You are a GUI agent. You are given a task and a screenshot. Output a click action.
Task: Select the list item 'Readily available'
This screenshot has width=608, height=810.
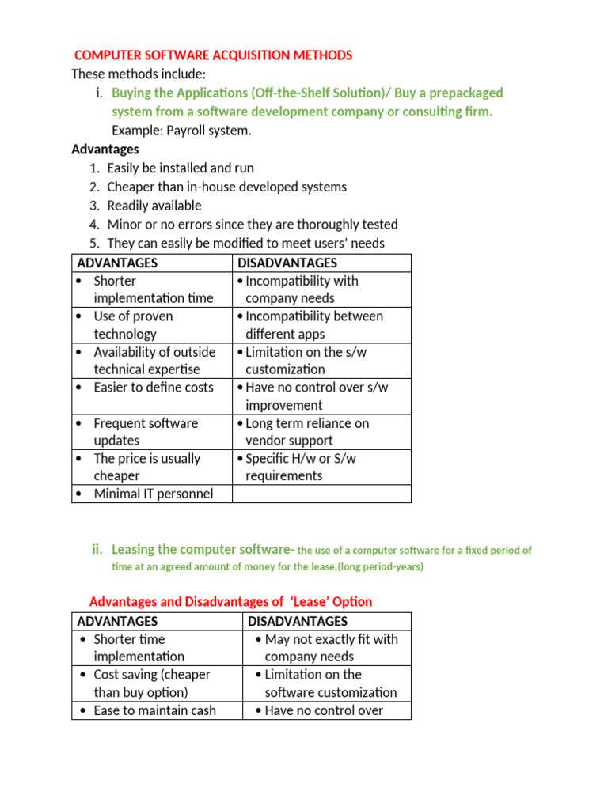coord(154,206)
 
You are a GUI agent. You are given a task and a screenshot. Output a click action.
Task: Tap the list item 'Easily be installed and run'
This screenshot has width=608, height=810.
coord(180,168)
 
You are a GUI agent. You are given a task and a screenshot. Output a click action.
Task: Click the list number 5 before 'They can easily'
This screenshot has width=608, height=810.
coord(94,244)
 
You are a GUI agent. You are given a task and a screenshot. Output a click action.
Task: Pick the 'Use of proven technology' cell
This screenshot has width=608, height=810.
coord(151,325)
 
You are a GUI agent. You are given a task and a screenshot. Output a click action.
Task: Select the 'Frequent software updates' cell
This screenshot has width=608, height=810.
coord(151,432)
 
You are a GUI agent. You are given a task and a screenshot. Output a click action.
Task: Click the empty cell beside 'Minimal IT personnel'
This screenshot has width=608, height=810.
coord(321,494)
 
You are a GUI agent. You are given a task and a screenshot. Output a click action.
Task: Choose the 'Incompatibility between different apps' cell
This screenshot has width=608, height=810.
coord(321,325)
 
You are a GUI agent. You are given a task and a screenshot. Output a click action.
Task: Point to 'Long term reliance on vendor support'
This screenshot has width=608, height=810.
coord(321,432)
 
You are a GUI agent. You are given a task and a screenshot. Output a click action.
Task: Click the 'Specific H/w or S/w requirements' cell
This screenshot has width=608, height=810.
coord(321,467)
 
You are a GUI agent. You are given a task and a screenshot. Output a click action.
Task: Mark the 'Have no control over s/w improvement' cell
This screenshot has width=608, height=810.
coord(321,396)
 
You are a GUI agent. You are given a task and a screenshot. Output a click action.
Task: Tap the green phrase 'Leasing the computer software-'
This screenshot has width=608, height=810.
coord(203,549)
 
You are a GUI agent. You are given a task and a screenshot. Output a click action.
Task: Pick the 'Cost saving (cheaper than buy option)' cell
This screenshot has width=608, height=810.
coord(156,683)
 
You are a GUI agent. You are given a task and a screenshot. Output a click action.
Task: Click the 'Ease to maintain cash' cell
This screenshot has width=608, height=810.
coord(154,710)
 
